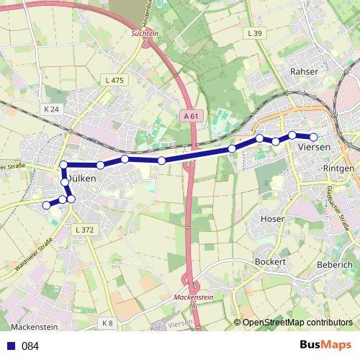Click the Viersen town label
pos(313,146)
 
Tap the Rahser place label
pos(303,71)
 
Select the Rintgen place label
pos(339,168)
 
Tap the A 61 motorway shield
pos(190,115)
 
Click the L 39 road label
pos(254,34)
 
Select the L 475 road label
pos(114,81)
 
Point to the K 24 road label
pos(50,109)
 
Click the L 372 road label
pos(84,229)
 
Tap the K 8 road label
pos(107,323)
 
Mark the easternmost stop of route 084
pos(313,137)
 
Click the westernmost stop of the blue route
pos(47,205)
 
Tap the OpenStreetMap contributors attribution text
pos(297,323)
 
